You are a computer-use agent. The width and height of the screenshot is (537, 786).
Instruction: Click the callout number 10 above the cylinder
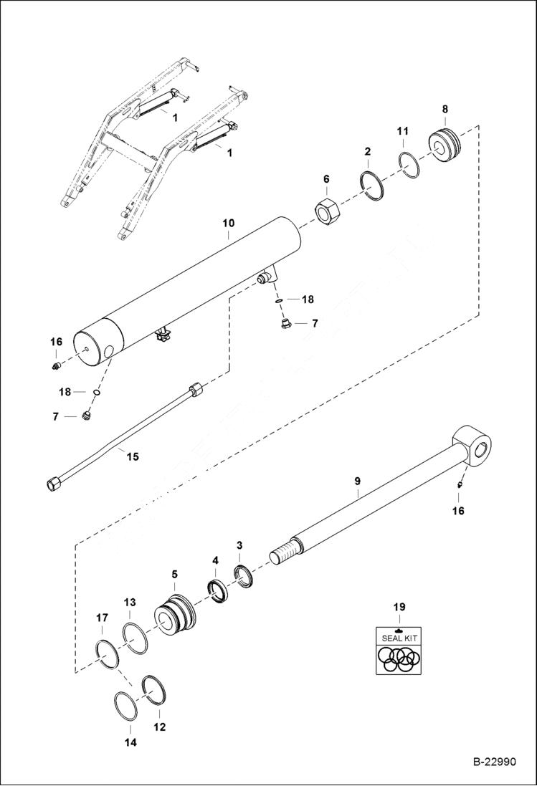(x=227, y=224)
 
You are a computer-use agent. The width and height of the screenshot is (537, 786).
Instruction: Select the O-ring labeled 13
(x=135, y=637)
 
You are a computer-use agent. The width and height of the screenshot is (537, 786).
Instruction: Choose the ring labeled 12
(x=156, y=692)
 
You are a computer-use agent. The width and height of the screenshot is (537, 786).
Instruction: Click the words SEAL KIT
(x=399, y=637)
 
